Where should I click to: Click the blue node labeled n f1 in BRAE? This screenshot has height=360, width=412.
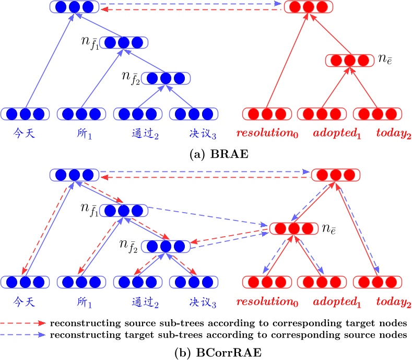tap(123, 42)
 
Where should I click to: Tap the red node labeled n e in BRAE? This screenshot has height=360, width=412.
tap(349, 60)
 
